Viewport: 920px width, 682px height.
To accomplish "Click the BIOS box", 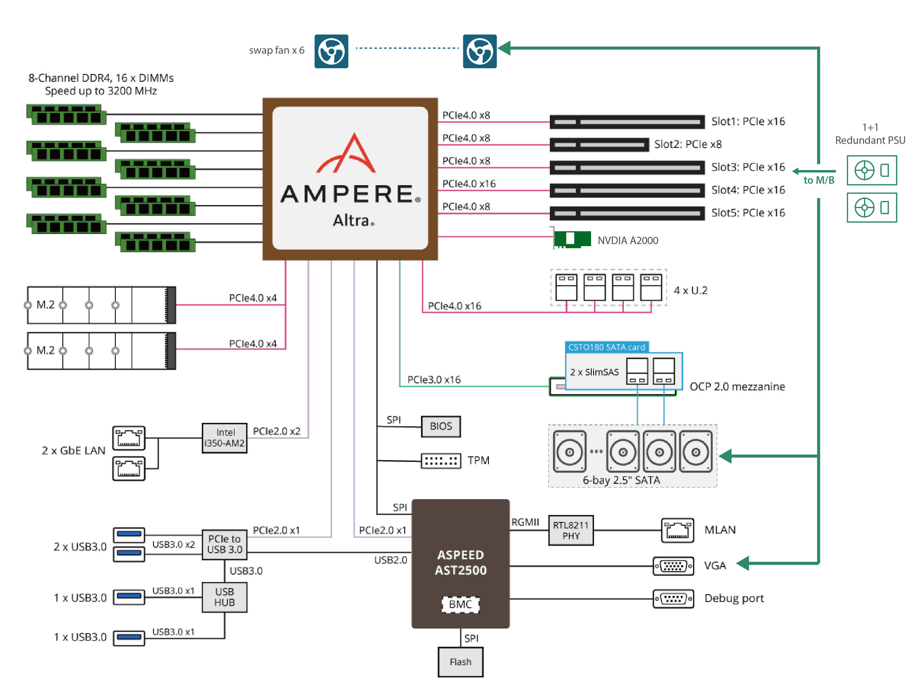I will point(440,426).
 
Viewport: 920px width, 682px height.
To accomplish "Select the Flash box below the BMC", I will point(460,662).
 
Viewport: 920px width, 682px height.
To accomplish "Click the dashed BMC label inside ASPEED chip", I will point(460,604).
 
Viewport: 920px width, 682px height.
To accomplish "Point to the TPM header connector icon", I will point(440,460).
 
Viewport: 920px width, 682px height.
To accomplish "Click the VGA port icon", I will point(673,566).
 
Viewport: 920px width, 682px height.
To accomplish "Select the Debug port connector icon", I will point(673,598).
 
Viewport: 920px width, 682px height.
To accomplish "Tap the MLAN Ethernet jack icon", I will point(677,530).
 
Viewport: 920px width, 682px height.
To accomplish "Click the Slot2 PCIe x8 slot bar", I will point(599,144).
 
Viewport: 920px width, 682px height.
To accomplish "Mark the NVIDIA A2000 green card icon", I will point(572,239).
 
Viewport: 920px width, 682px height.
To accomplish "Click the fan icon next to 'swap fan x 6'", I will point(331,51).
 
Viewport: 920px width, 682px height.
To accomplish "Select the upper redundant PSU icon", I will point(871,170).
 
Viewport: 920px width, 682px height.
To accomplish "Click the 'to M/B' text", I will point(818,180).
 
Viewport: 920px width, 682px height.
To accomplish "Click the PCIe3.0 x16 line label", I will point(433,379).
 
